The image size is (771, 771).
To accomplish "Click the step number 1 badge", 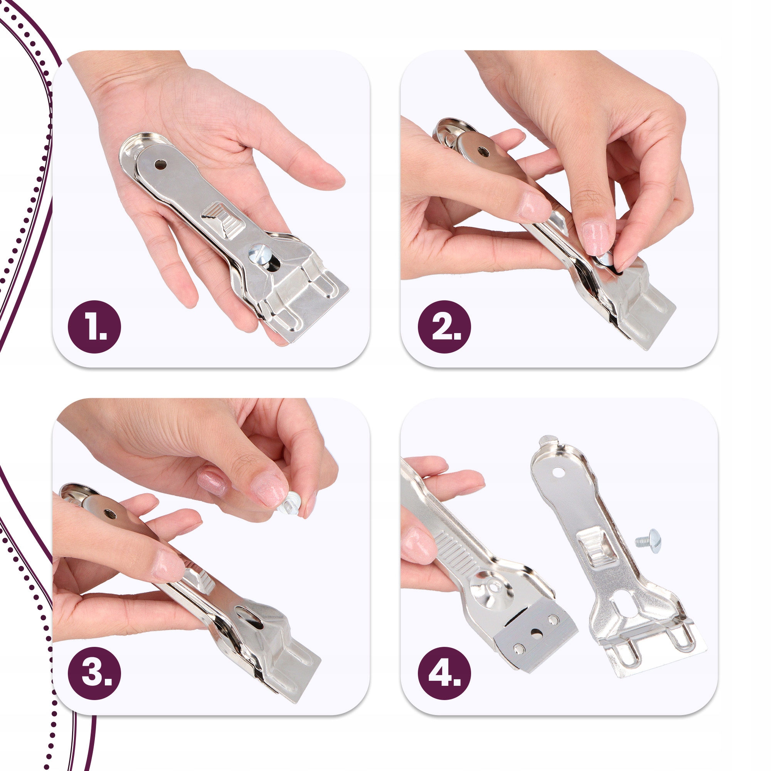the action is coord(94,327).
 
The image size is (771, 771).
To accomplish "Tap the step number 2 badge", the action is coord(444,327).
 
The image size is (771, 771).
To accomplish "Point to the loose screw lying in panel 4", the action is coord(648,541).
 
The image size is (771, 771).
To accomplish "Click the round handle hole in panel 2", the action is coord(484,152).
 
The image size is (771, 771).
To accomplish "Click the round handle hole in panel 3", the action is coord(109,514).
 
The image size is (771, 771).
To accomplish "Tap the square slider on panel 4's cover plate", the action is coord(594,545).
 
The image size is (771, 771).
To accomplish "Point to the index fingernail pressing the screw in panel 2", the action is coord(595,239).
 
